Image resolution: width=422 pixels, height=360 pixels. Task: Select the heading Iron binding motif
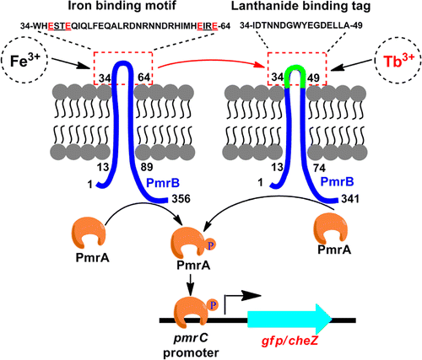pyautogui.click(x=122, y=7)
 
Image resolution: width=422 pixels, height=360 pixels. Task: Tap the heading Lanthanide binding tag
pyautogui.click(x=300, y=7)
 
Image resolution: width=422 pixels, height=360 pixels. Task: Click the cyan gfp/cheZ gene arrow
pyautogui.click(x=289, y=320)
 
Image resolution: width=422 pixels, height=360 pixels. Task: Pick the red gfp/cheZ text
pyautogui.click(x=289, y=341)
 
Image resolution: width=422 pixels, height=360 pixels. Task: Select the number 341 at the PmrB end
pyautogui.click(x=350, y=199)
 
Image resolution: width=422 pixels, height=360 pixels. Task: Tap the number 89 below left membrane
pyautogui.click(x=147, y=167)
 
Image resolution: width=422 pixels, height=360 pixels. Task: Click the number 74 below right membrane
pyautogui.click(x=319, y=169)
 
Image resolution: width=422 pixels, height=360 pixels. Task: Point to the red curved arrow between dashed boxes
pyautogui.click(x=211, y=60)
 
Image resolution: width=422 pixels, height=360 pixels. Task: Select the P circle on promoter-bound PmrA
pyautogui.click(x=213, y=305)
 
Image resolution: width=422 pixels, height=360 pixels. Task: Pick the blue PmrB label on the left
pyautogui.click(x=163, y=184)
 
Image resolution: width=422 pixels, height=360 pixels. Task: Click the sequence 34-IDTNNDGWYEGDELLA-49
pyautogui.click(x=301, y=26)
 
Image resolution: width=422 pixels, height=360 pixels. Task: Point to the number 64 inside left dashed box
pyautogui.click(x=143, y=78)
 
